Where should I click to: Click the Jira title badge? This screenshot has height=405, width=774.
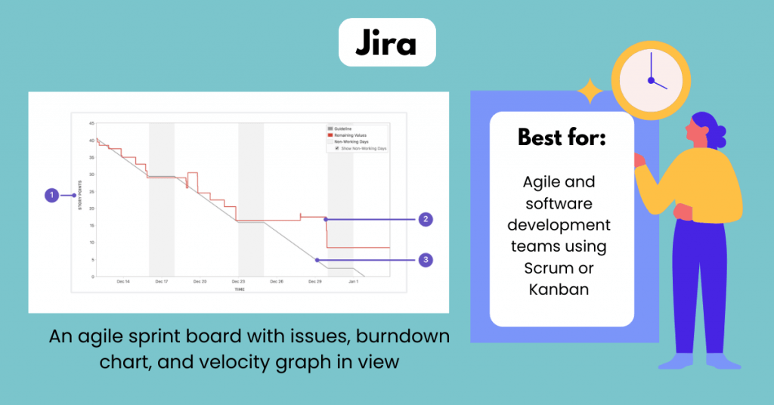pyautogui.click(x=386, y=44)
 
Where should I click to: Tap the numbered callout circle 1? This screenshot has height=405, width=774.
pyautogui.click(x=51, y=195)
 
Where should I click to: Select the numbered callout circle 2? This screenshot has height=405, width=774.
pyautogui.click(x=426, y=219)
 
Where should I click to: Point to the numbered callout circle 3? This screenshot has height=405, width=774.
pyautogui.click(x=426, y=260)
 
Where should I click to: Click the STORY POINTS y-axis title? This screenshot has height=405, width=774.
pyautogui.click(x=79, y=196)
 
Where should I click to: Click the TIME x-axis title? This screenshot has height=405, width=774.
pyautogui.click(x=239, y=289)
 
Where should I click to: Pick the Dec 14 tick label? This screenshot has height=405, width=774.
pyautogui.click(x=123, y=282)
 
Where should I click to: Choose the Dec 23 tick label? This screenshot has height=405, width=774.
pyautogui.click(x=239, y=282)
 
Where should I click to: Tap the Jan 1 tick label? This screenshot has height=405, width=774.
pyautogui.click(x=353, y=282)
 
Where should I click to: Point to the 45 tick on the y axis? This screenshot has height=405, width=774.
pyautogui.click(x=91, y=123)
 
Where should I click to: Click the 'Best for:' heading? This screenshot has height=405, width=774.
pyautogui.click(x=561, y=138)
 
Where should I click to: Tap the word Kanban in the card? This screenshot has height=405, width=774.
pyautogui.click(x=561, y=290)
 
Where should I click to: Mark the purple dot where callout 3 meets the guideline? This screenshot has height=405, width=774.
pyautogui.click(x=317, y=260)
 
